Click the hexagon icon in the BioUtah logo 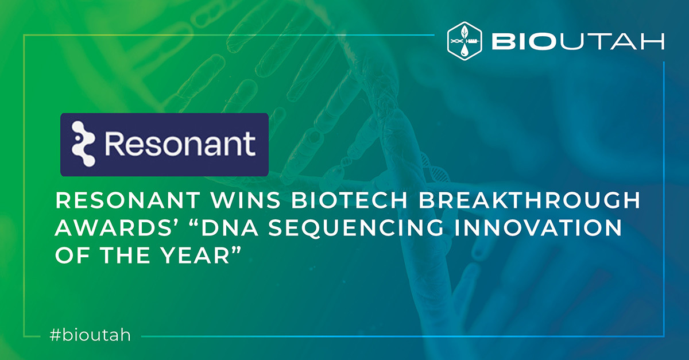(x=465, y=41)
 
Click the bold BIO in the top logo (x=524, y=41)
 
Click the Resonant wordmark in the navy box (x=180, y=144)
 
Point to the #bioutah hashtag (x=90, y=335)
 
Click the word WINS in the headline (x=246, y=200)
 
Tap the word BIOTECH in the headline (x=350, y=200)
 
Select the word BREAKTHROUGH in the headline (x=529, y=200)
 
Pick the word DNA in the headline (x=230, y=228)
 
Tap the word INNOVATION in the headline (x=539, y=228)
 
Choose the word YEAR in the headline (x=195, y=256)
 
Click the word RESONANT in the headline (x=127, y=200)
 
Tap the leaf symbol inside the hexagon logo (x=465, y=32)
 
